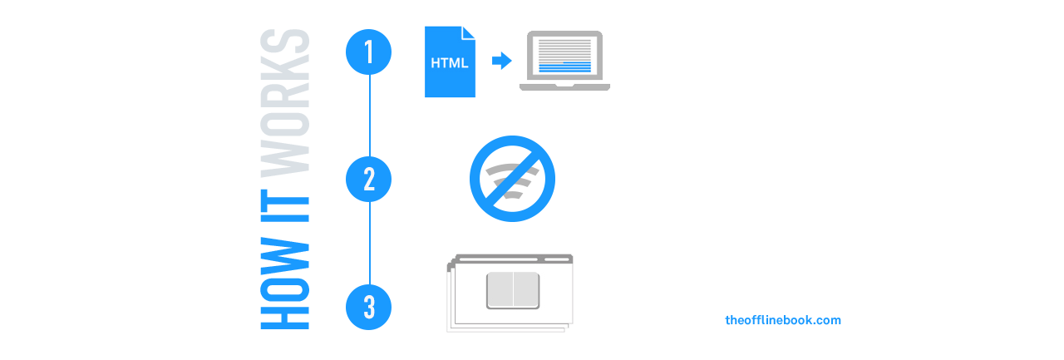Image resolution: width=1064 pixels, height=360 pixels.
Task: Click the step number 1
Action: pyautogui.click(x=369, y=52)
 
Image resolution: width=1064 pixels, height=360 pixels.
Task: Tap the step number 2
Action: pyautogui.click(x=369, y=180)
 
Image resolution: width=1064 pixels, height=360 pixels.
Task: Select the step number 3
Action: pyautogui.click(x=369, y=308)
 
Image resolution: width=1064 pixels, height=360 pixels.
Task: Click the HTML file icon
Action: pyautogui.click(x=450, y=63)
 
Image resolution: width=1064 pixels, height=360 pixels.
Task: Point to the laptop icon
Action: pyautogui.click(x=565, y=60)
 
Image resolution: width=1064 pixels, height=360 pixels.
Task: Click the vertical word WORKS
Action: pyautogui.click(x=285, y=101)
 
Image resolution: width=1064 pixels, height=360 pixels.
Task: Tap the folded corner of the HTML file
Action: pyautogui.click(x=469, y=32)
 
